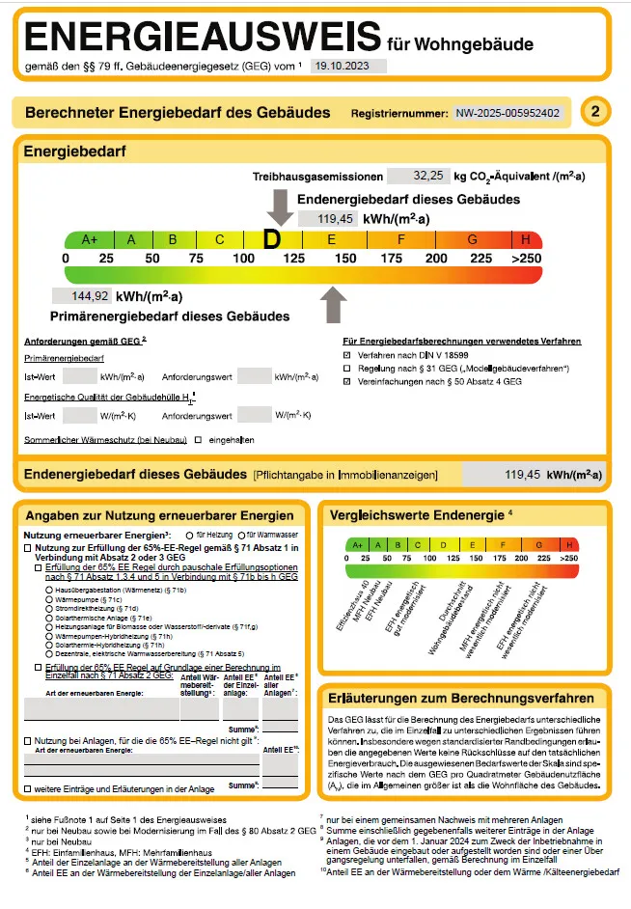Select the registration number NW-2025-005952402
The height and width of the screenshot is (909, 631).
(x=508, y=113)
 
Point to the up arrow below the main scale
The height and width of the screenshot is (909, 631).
(x=333, y=305)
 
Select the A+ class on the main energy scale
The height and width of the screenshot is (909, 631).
(x=90, y=239)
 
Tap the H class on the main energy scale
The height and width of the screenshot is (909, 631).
(x=526, y=239)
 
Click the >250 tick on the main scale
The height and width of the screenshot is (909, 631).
(x=526, y=259)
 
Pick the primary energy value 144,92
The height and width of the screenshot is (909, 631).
(x=88, y=295)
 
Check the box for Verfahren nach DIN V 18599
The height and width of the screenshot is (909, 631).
(x=347, y=355)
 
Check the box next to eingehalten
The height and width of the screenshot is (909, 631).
(x=198, y=440)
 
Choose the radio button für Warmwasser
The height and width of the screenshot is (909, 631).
(x=239, y=534)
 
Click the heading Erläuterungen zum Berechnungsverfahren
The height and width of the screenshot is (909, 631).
(x=467, y=697)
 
